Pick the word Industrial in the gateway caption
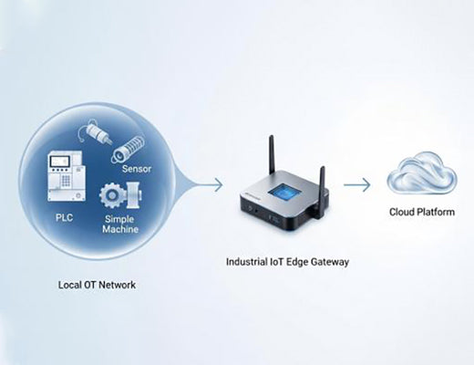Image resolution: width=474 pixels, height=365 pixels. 247,261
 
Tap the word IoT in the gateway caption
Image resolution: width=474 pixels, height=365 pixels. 280,261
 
